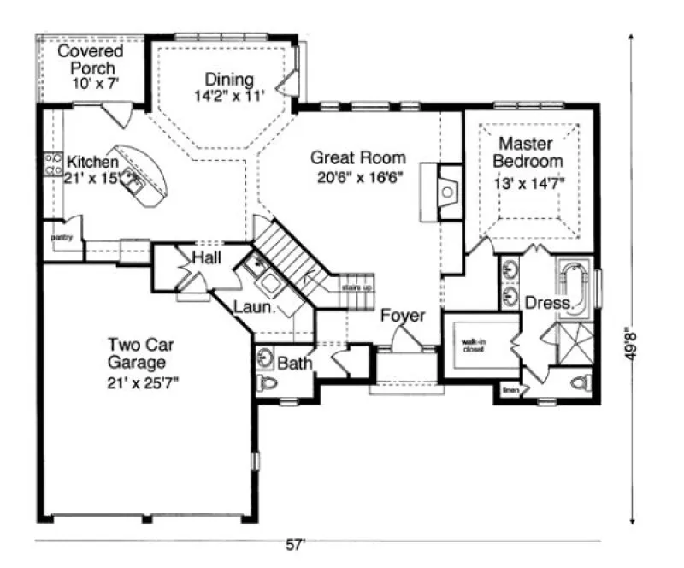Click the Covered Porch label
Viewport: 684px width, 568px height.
point(90,60)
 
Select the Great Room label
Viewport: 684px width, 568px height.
point(357,157)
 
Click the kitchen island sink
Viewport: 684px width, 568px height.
point(132,178)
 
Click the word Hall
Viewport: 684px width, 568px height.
point(208,257)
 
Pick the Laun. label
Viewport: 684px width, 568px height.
point(253,305)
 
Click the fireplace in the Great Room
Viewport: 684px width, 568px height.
point(446,192)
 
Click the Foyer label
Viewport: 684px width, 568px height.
point(403,316)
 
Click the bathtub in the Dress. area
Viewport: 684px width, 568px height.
point(575,287)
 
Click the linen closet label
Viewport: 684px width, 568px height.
point(511,390)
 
